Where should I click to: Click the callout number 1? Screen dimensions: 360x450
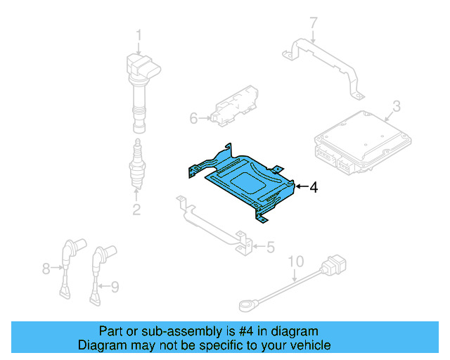[139, 34]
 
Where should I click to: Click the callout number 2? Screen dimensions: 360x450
[137, 209]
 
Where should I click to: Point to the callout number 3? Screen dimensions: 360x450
[396, 106]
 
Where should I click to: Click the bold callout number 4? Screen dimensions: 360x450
[314, 187]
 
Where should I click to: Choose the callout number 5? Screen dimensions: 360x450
[269, 247]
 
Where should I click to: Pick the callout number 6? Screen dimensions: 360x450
[194, 118]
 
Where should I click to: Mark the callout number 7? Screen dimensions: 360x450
[314, 25]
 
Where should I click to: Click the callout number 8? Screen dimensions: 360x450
[46, 268]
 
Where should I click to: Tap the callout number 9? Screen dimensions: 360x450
[115, 285]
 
